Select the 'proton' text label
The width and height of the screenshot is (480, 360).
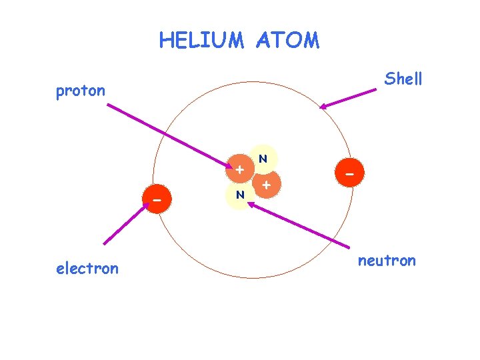point(81,91)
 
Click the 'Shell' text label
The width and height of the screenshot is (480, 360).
point(403,79)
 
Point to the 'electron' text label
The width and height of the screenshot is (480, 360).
point(87,269)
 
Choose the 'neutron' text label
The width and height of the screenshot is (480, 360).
point(387,260)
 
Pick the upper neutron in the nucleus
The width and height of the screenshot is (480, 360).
point(263,159)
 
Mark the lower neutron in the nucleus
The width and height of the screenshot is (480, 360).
point(239,195)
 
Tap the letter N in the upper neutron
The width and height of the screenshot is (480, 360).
point(263,159)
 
